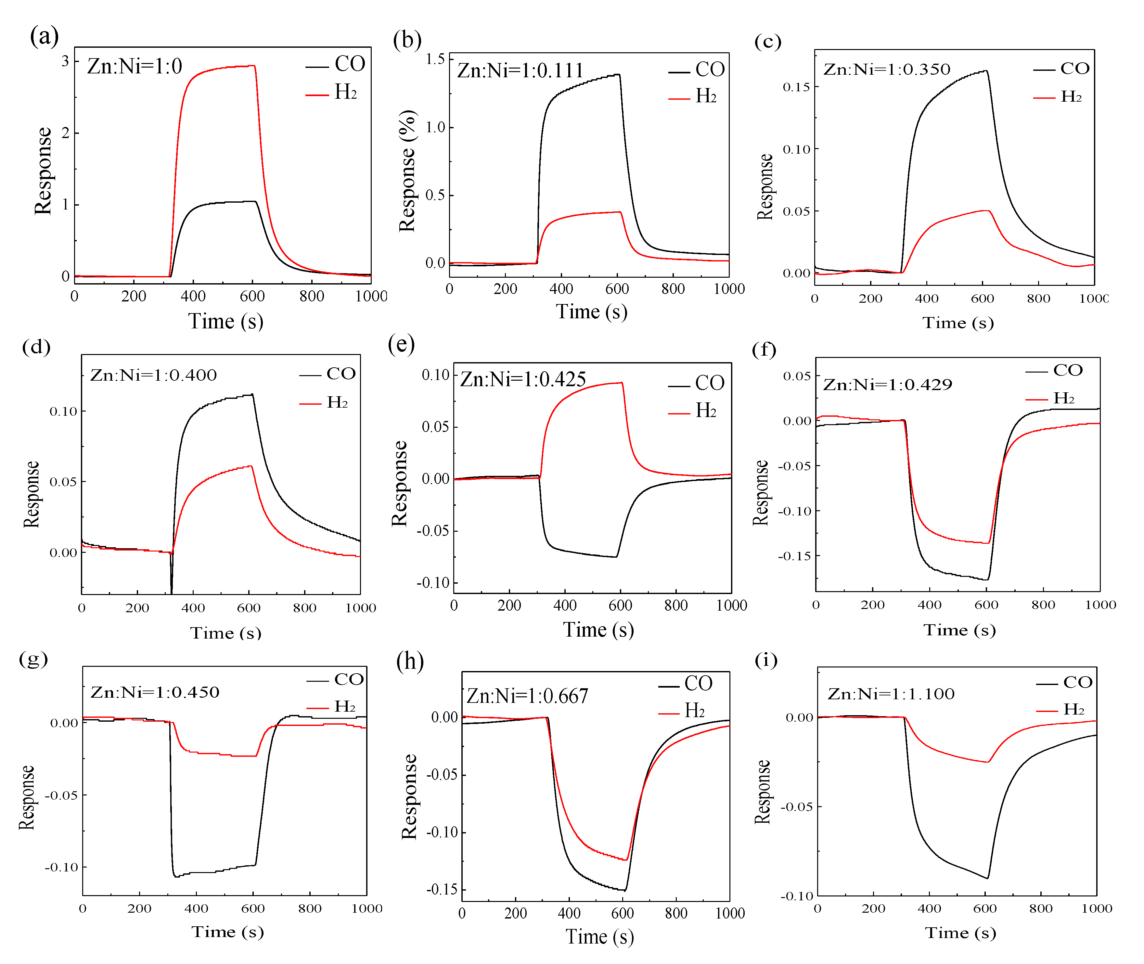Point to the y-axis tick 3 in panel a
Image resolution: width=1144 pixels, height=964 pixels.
tap(65, 61)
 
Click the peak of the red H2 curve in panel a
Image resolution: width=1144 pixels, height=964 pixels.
tap(254, 66)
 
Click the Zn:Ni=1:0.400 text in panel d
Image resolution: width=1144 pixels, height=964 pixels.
tap(154, 375)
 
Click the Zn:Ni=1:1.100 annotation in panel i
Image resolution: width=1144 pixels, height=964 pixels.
tap(891, 694)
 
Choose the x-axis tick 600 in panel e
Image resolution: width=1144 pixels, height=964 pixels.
tap(620, 605)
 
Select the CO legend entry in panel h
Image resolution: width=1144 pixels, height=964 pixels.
tap(686, 684)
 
